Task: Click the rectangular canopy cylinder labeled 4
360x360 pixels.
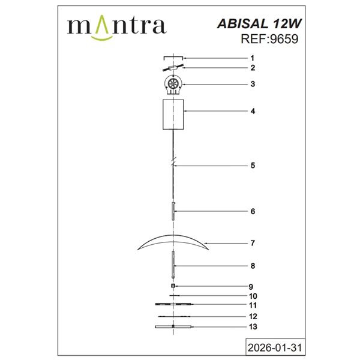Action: tap(173, 113)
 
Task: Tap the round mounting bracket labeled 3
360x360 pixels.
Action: tap(173, 85)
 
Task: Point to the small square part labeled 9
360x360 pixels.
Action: tap(173, 286)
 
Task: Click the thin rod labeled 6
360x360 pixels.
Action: tap(173, 212)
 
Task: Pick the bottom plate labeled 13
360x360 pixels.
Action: tap(173, 327)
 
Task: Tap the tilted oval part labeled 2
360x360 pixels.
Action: tap(173, 68)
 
